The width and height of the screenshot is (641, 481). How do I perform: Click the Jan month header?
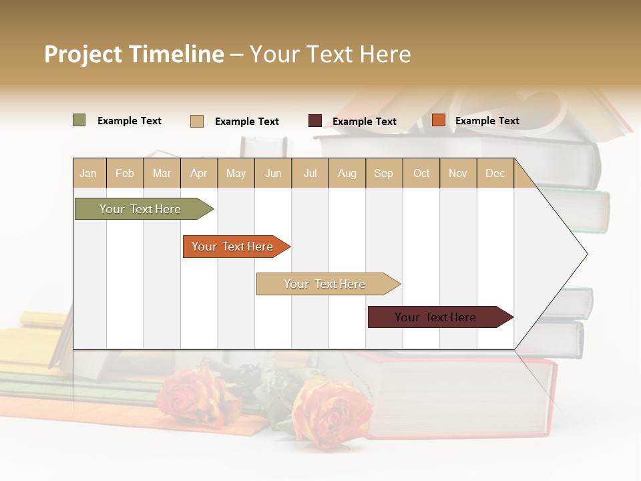click(89, 173)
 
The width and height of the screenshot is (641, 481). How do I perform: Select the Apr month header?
click(199, 173)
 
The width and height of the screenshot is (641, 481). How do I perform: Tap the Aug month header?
click(347, 173)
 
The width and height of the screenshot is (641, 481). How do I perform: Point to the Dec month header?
click(495, 173)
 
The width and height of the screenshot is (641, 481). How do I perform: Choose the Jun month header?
click(273, 173)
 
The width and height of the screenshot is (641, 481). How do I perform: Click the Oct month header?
click(421, 173)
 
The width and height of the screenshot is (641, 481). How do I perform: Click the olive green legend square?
click(79, 120)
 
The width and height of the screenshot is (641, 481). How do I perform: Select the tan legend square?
click(197, 121)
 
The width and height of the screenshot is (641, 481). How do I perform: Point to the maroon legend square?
click(315, 121)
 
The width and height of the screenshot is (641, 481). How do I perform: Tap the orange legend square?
click(439, 120)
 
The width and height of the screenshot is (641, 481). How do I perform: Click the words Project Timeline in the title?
click(134, 54)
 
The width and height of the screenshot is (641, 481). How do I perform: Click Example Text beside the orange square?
click(487, 121)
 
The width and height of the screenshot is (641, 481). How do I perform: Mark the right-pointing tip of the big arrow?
click(586, 253)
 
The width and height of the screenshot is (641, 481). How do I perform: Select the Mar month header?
click(162, 173)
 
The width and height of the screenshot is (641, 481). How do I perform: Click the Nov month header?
click(458, 173)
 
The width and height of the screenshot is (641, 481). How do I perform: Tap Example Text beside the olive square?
click(130, 121)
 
